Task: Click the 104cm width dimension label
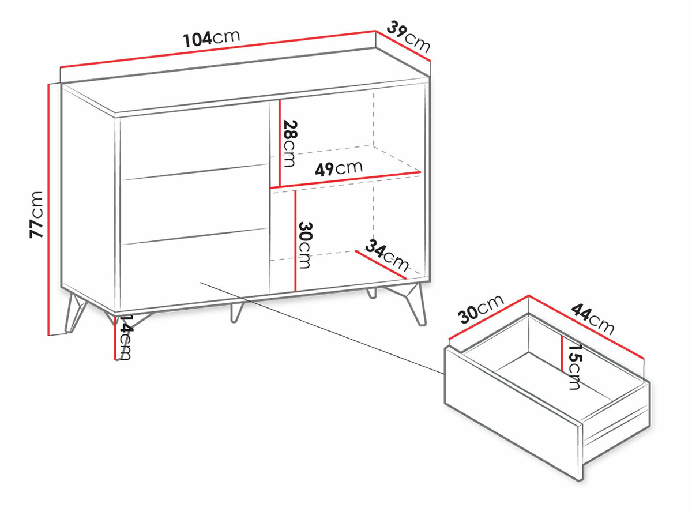click(212, 39)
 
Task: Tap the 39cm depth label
click(409, 36)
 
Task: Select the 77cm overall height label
click(36, 215)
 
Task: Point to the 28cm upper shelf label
click(289, 143)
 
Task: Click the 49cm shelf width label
click(339, 169)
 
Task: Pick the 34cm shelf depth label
click(387, 255)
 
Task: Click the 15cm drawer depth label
click(574, 367)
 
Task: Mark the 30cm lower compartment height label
click(304, 245)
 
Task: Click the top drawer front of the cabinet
click(194, 141)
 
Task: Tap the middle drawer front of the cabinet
click(194, 204)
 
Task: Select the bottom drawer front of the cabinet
click(194, 269)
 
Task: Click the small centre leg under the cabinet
click(236, 313)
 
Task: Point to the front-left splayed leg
click(75, 313)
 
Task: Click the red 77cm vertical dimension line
click(49, 210)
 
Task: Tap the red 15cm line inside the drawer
click(562, 353)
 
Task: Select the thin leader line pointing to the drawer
click(322, 328)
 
